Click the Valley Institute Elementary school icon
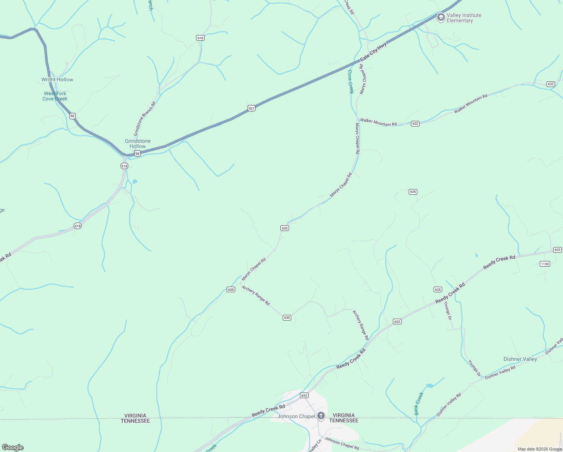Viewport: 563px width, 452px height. (440, 17)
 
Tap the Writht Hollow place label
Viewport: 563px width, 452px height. (57, 79)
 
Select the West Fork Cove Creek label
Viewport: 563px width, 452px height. (55, 96)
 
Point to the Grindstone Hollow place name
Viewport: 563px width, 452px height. (138, 144)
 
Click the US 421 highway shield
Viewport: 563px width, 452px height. (251, 108)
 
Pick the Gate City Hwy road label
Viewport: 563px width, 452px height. (373, 52)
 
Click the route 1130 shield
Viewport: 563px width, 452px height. (545, 264)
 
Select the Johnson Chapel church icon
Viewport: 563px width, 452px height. (321, 416)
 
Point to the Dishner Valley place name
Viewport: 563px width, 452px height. (520, 359)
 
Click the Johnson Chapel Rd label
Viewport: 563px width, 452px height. (342, 444)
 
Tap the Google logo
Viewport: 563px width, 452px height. (12, 447)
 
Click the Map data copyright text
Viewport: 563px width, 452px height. (540, 449)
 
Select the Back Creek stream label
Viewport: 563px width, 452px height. (419, 404)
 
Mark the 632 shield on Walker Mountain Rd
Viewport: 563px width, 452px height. (415, 124)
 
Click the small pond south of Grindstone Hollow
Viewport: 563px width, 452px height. (135, 182)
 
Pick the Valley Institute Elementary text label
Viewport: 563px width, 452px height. (464, 18)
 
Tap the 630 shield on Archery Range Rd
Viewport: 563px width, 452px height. (287, 318)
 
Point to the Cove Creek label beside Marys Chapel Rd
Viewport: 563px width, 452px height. (350, 81)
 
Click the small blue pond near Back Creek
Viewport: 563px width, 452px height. (429, 386)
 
